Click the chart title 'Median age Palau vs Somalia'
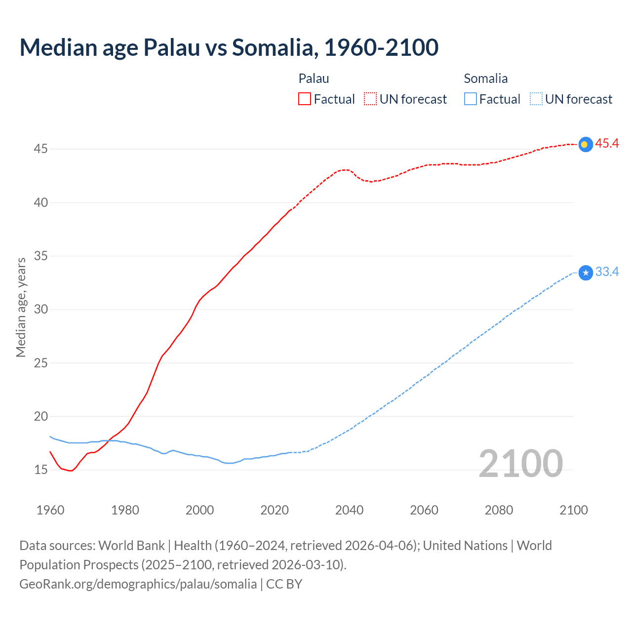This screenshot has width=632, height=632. [229, 47]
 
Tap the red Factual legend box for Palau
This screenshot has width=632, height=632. [305, 99]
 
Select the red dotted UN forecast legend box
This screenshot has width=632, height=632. [370, 99]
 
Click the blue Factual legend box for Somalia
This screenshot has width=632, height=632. [471, 99]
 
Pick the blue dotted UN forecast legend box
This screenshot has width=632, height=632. [536, 99]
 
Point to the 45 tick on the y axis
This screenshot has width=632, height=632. [40, 149]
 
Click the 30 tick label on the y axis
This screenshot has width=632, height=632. [40, 310]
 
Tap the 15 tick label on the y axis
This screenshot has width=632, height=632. [40, 470]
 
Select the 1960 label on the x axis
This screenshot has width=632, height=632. [50, 510]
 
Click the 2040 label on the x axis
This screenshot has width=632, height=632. [349, 510]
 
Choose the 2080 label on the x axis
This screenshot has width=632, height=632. [499, 510]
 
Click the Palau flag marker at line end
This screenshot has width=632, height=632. [585, 144]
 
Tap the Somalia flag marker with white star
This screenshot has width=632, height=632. [585, 273]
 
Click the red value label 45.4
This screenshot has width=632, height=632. [607, 144]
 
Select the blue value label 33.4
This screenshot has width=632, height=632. [607, 272]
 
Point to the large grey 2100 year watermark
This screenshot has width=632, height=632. [520, 463]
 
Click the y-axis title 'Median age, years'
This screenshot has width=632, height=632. [21, 307]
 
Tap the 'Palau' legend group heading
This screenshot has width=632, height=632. [314, 79]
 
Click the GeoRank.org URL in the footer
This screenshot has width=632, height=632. [138, 584]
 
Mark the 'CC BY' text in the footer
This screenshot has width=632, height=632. [284, 584]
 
